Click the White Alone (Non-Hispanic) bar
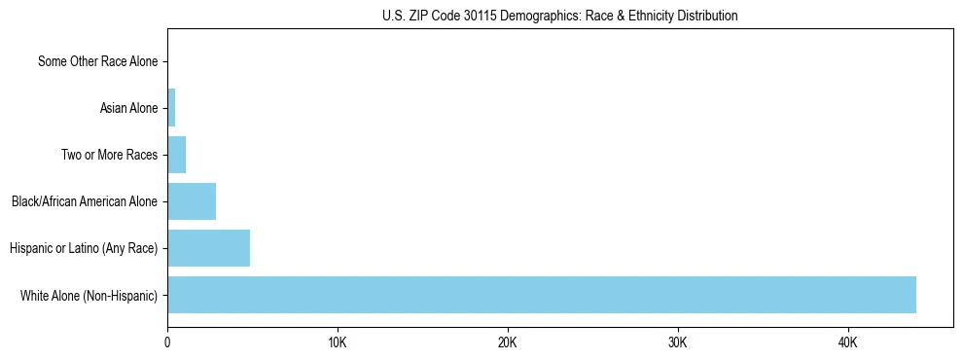[541, 295]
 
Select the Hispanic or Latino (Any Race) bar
[208, 248]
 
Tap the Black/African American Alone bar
[192, 201]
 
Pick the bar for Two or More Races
[176, 155]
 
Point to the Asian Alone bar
[171, 108]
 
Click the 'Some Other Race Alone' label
[97, 61]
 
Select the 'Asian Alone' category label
[128, 108]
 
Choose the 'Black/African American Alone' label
[85, 201]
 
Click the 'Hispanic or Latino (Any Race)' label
[84, 248]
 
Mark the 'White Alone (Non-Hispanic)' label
[89, 295]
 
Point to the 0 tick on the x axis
[167, 343]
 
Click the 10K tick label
[338, 343]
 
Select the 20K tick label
[508, 343]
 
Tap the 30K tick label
[678, 343]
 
